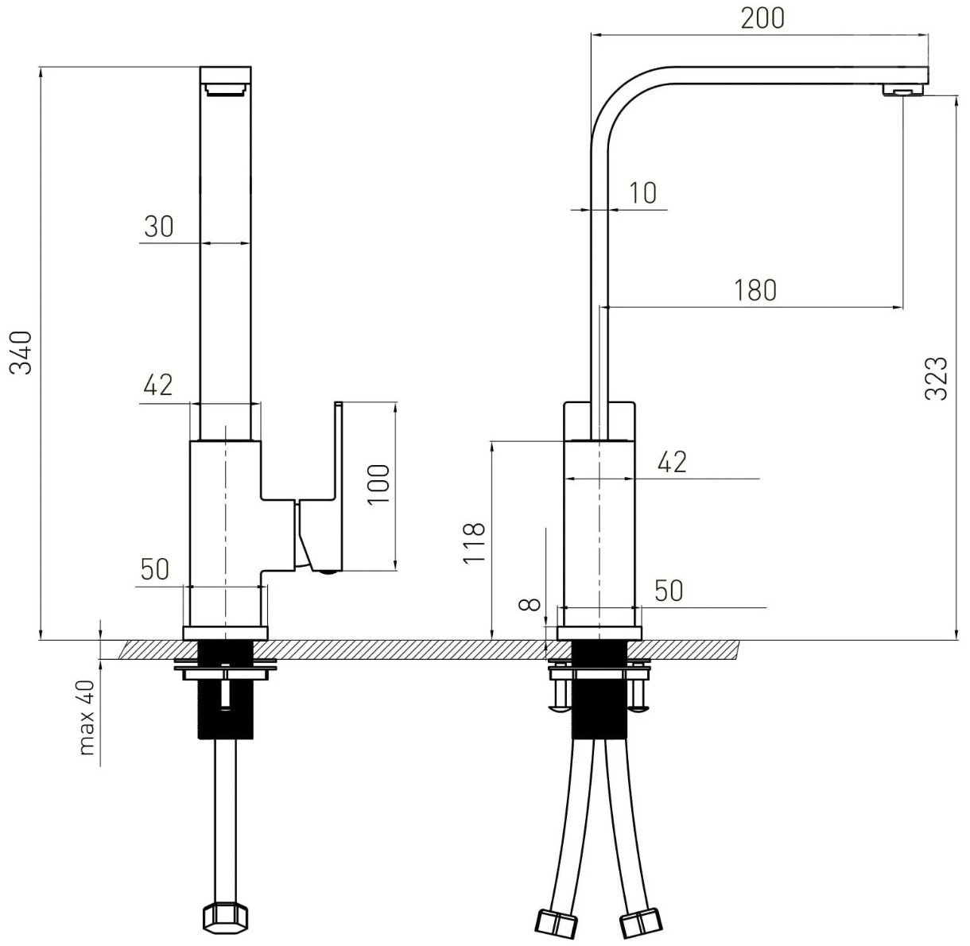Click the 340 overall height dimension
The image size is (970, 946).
coord(21,352)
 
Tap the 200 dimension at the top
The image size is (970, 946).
coord(762,18)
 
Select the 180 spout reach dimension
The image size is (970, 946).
coord(755,291)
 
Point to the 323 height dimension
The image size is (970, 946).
coord(935,379)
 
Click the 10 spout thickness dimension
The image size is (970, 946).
coord(643,193)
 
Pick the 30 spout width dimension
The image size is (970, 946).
coord(159,227)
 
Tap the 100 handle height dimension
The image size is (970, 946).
coord(378,484)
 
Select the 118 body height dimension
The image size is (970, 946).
coord(474,543)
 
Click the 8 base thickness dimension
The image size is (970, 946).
coord(530,604)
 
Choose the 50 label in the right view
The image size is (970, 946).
coord(669,591)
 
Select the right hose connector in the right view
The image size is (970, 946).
coord(642,924)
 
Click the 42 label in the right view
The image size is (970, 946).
coord(672,462)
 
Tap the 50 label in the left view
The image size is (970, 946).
coord(155,569)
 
